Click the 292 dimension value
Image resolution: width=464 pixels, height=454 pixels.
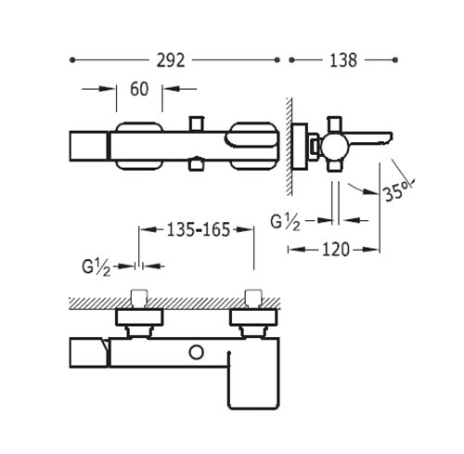171,60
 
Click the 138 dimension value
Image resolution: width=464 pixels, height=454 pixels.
343,60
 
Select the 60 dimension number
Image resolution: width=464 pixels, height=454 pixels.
139,89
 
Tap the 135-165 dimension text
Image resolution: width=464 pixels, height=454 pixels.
199,229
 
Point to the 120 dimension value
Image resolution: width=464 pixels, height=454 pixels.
336,249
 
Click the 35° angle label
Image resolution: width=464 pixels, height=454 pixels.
398,190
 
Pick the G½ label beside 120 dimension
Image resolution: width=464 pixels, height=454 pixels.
285,223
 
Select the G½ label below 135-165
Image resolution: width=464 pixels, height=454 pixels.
97,267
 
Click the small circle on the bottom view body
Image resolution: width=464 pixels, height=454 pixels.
196,353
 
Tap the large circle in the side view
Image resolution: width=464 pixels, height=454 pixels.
335,147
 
